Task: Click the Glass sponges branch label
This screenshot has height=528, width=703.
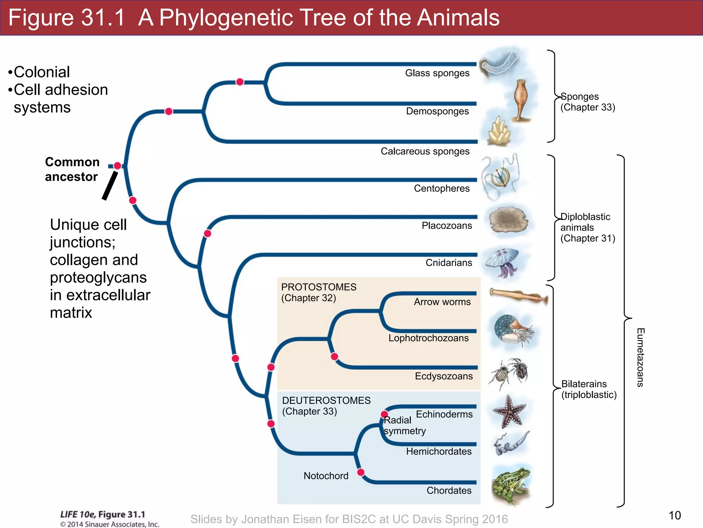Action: coord(437,73)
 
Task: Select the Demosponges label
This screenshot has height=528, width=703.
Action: coord(437,111)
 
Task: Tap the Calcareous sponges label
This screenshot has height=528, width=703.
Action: coord(425,151)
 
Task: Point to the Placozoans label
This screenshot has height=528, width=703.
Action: coord(446,225)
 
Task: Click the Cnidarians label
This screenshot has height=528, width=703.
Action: coord(448,263)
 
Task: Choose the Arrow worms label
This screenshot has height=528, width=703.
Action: coord(442,302)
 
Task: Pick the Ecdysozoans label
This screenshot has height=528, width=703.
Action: coord(443,376)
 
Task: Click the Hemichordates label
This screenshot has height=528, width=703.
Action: coord(438,451)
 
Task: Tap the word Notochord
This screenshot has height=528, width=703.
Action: coord(326,476)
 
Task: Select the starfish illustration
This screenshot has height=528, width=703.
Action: coord(509,412)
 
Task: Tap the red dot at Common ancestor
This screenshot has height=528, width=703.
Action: coord(117,166)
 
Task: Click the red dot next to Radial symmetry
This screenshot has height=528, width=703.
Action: coord(384,414)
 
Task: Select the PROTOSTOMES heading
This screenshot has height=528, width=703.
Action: coord(319,287)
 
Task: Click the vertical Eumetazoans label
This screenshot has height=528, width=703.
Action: coord(640,357)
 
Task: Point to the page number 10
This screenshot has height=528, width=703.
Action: coord(675,515)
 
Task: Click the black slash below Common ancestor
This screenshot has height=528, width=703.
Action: coord(110,186)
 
